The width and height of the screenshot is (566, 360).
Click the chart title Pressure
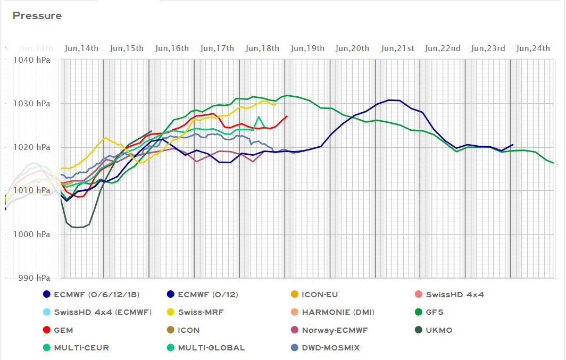pyautogui.click(x=37, y=15)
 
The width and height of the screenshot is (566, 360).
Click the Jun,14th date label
pyautogui.click(x=81, y=48)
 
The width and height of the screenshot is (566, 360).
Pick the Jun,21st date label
pyautogui.click(x=397, y=48)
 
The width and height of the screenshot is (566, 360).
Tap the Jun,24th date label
pyautogui.click(x=533, y=48)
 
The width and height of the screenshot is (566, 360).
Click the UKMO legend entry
pyautogui.click(x=439, y=330)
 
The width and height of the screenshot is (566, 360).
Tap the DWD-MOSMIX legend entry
pyautogui.click(x=330, y=348)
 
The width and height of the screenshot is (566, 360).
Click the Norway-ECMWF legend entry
pyautogui.click(x=335, y=330)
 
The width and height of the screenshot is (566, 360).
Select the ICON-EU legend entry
pyautogui.click(x=320, y=295)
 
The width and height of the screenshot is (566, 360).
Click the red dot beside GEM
pyautogui.click(x=47, y=330)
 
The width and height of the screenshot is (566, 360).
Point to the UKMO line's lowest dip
pyautogui.click(x=77, y=228)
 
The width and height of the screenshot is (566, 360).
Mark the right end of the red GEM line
pyautogui.click(x=287, y=116)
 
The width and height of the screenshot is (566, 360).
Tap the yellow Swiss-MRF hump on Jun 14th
pyautogui.click(x=105, y=138)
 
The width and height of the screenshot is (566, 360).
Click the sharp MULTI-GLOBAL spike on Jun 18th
pyautogui.click(x=259, y=116)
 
